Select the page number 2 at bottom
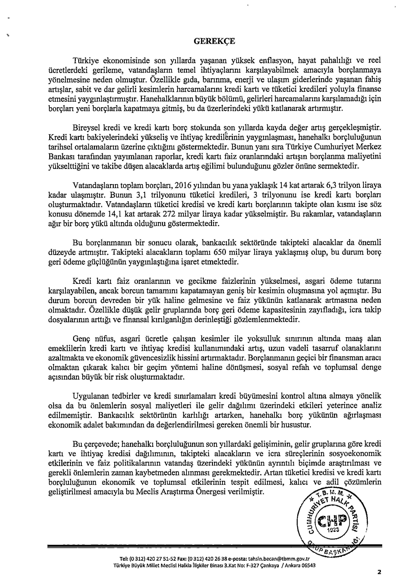pyautogui.click(x=379, y=572)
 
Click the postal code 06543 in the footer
pyautogui.click(x=309, y=565)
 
